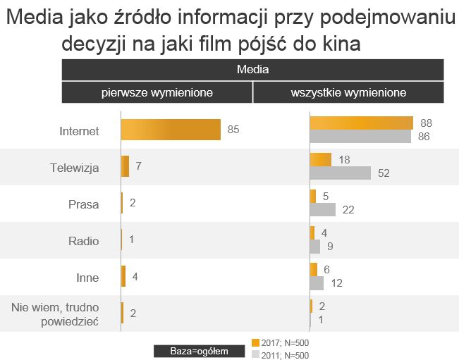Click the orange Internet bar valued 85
171,130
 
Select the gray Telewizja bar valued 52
341,173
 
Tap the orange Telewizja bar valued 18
321,160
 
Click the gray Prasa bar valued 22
323,209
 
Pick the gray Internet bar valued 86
360,137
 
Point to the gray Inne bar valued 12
317,283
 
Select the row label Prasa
84,204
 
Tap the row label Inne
86,278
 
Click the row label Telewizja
74,168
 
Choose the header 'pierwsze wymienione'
157,92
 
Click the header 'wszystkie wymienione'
348,92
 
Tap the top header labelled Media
252,69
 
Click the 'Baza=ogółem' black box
199,350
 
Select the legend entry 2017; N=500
281,342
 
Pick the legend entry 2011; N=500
281,354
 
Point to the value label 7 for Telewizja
139,166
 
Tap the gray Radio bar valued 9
315,247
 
